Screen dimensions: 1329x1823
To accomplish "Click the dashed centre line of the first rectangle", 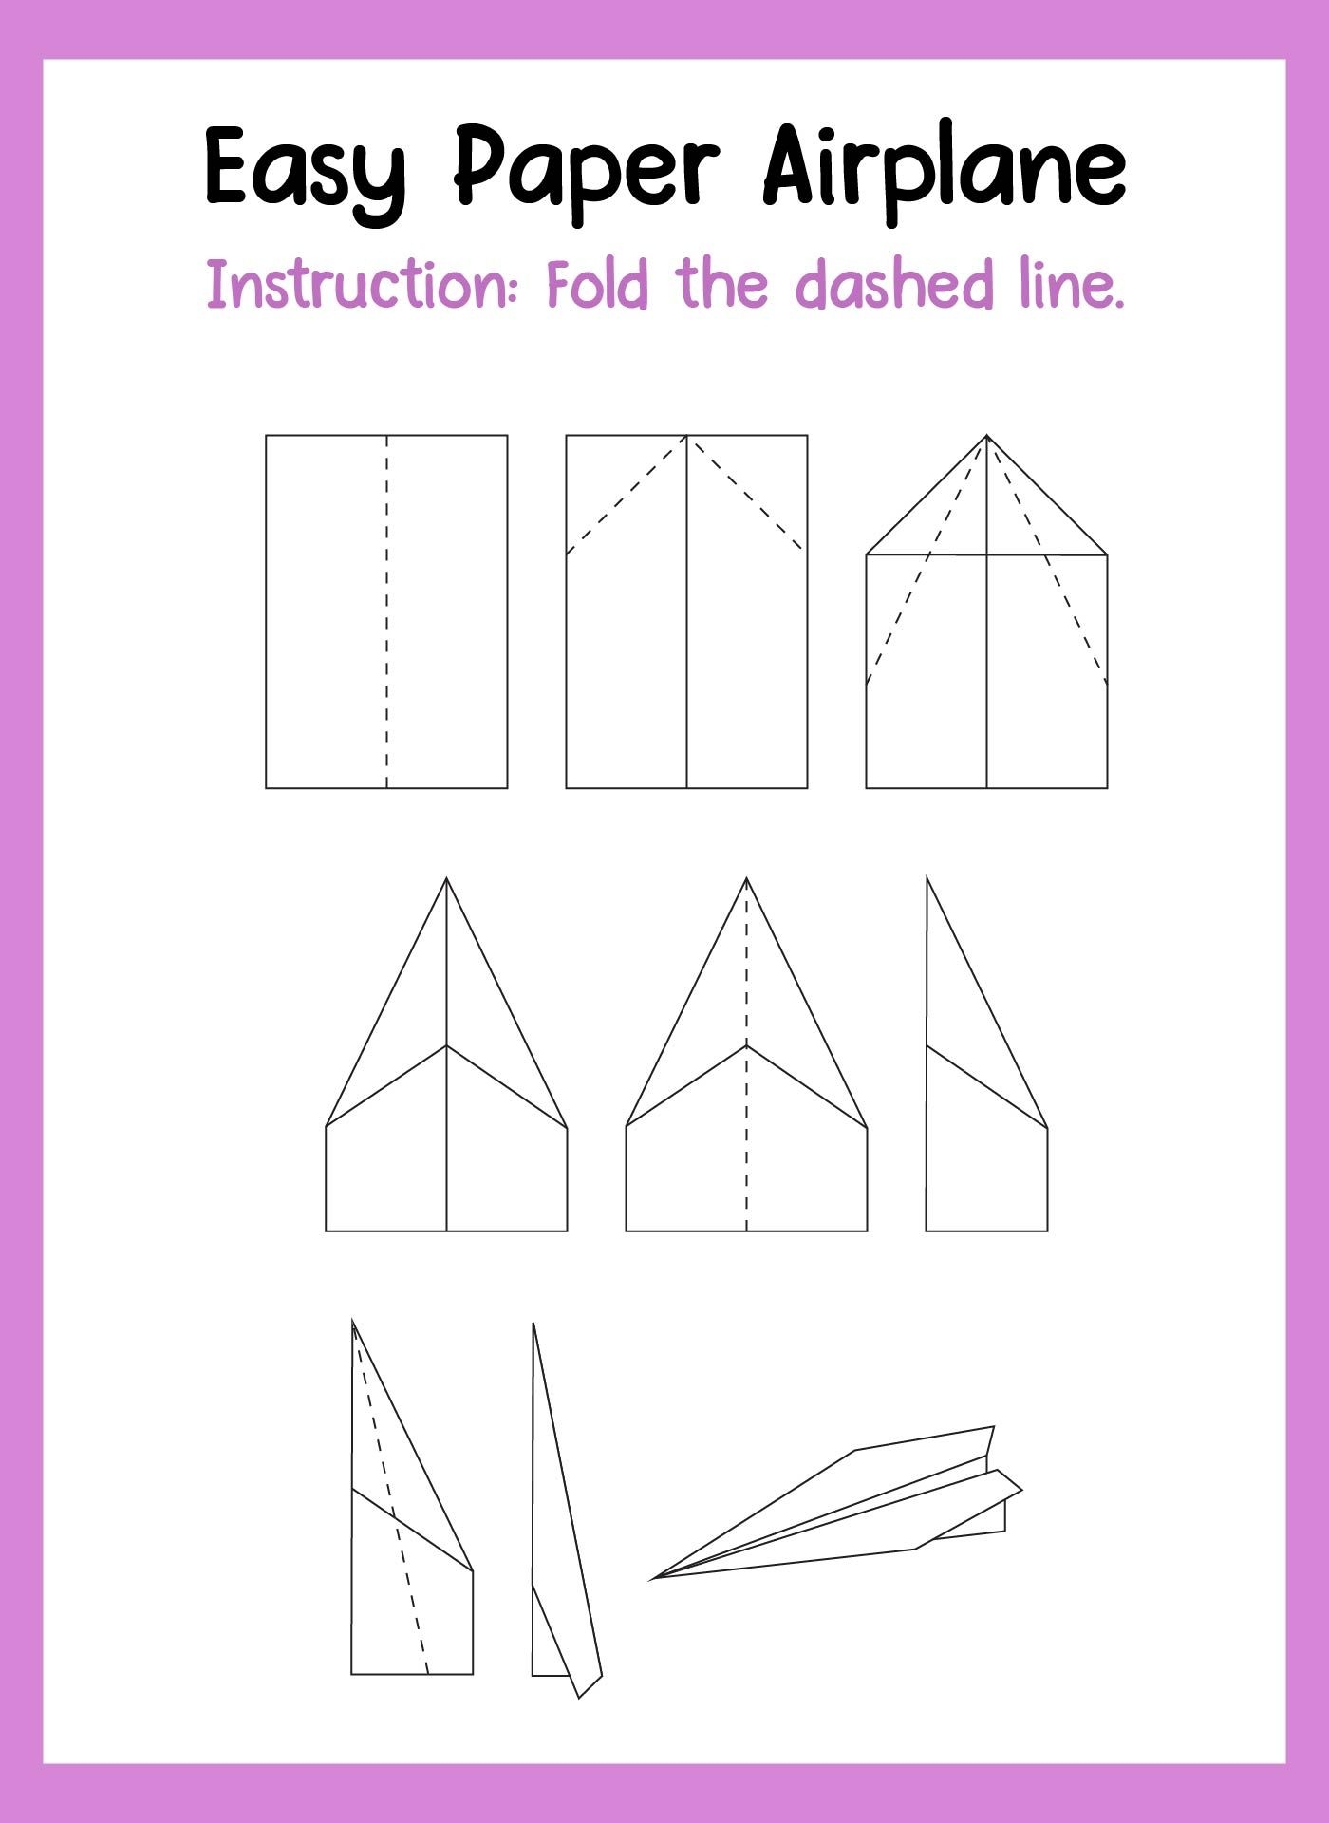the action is coord(386,611).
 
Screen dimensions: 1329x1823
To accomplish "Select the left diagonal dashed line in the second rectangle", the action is coord(627,495).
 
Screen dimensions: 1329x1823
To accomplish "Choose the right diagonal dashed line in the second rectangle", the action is coord(746,494).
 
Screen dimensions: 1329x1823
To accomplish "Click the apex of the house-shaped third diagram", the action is coord(987,436).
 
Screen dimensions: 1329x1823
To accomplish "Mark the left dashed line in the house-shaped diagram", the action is coord(927,560).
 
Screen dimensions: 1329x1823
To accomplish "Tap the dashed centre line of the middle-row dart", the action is coord(747,1054).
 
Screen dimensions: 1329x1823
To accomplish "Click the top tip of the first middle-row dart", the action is coord(446,878).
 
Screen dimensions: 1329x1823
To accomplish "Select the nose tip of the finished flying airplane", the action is coord(653,1579).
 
